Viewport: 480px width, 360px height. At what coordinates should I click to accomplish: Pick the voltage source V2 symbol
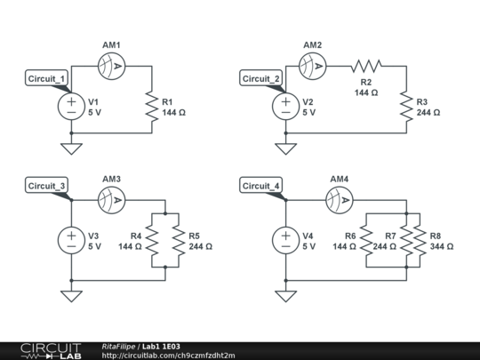[x=284, y=107]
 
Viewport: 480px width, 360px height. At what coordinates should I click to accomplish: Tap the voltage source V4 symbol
[x=284, y=240]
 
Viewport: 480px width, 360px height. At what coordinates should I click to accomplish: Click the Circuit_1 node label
[x=46, y=78]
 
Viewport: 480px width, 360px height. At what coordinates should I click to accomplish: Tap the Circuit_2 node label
[x=260, y=78]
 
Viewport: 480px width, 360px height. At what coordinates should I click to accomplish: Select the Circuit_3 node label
[x=46, y=186]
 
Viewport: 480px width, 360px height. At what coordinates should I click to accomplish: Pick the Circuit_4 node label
[x=260, y=186]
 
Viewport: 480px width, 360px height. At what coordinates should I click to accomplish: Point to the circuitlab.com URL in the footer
[x=169, y=356]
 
